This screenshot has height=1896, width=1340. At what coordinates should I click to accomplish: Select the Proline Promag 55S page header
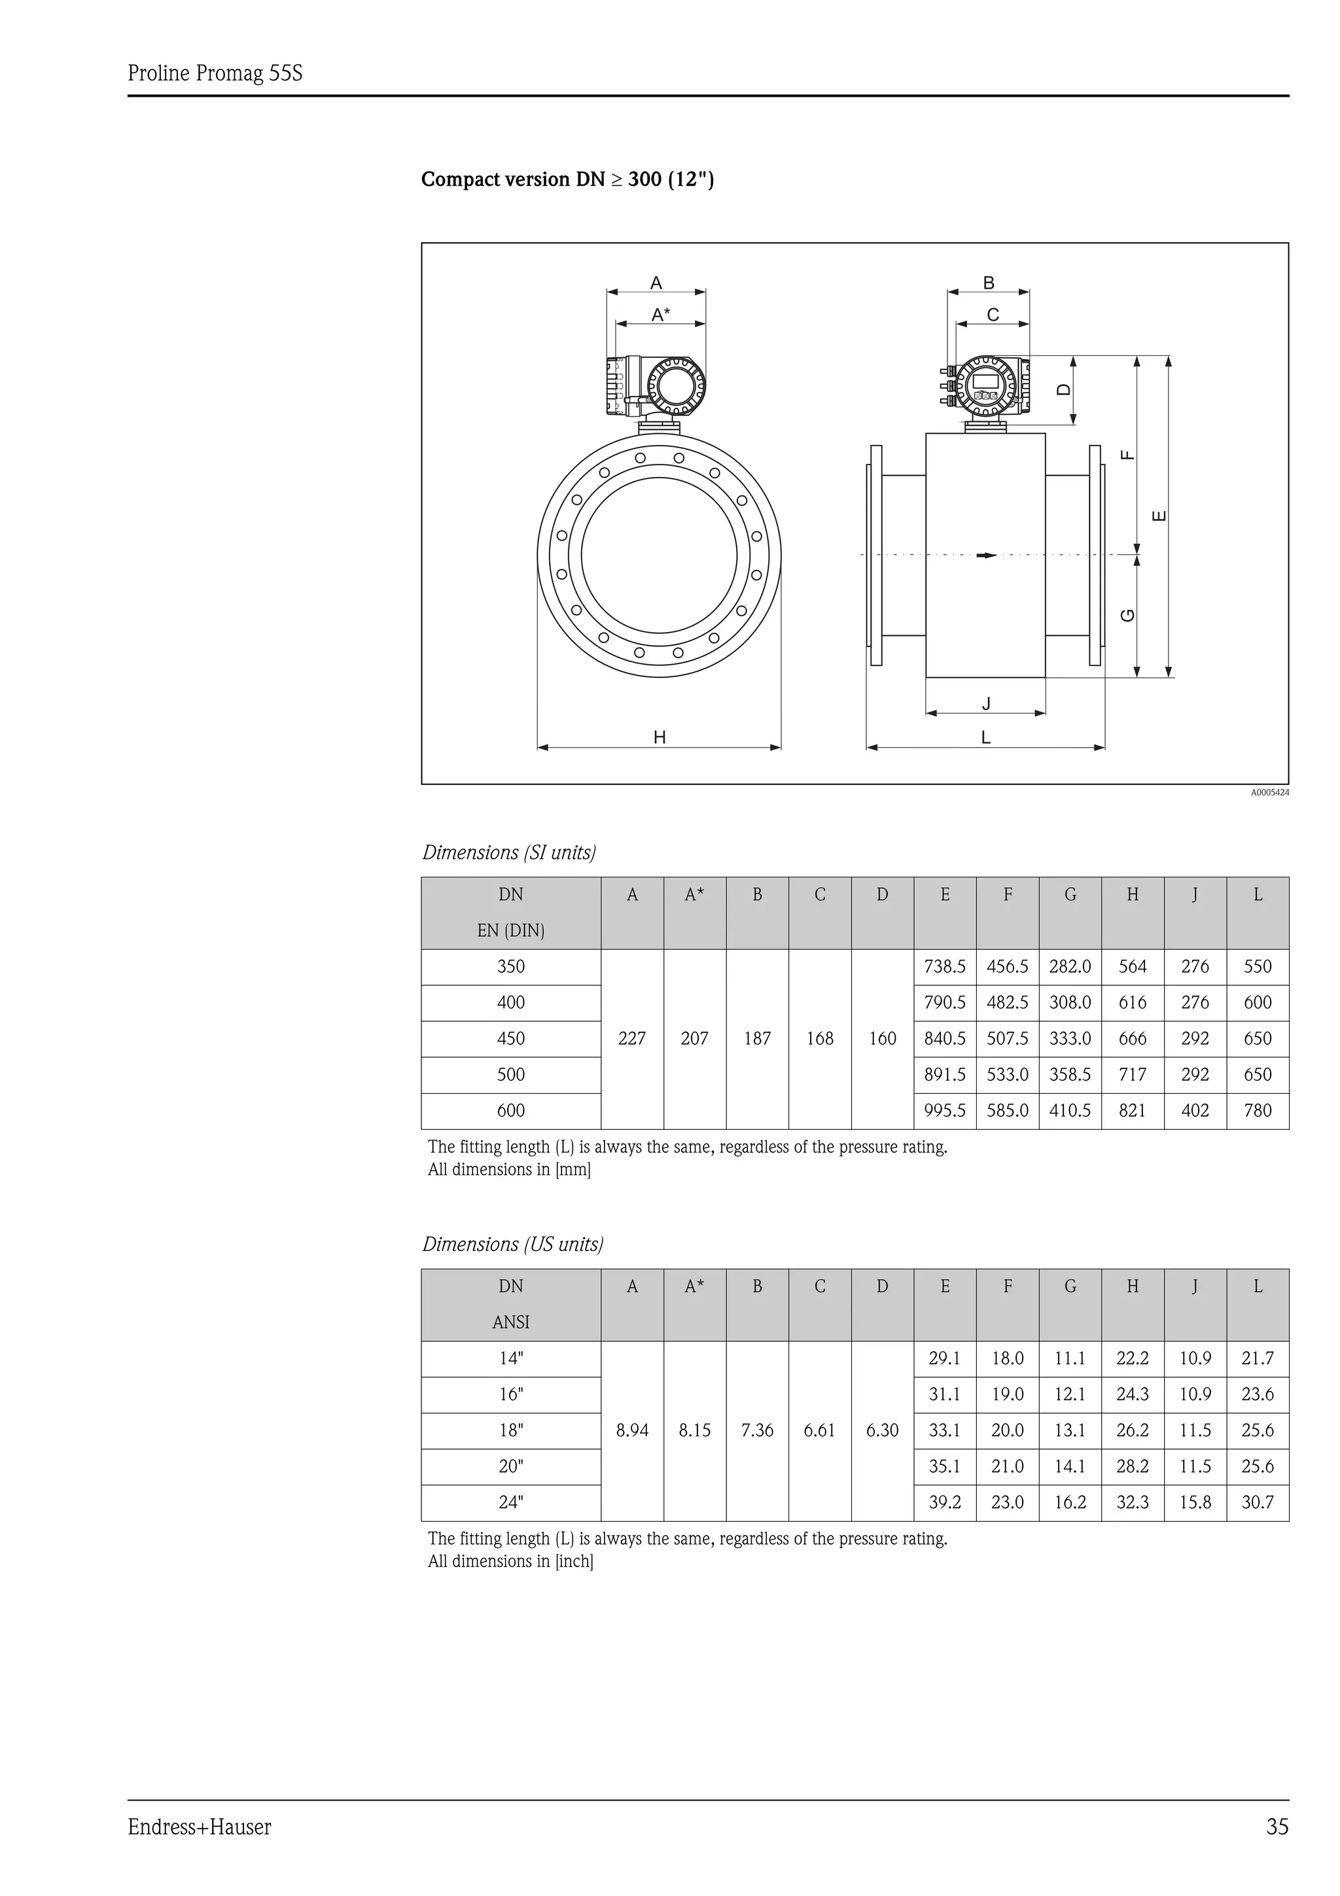click(x=215, y=73)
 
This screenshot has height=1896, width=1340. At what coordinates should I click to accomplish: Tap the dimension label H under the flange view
click(x=659, y=737)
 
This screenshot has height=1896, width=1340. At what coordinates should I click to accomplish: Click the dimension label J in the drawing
click(x=986, y=703)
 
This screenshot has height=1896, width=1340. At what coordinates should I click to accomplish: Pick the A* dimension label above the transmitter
click(x=660, y=315)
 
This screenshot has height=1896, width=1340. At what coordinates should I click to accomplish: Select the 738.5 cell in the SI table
click(x=945, y=966)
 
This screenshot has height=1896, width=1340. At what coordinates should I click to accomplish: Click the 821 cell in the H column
click(x=1132, y=1111)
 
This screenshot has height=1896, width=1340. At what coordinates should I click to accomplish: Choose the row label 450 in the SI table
click(x=510, y=1038)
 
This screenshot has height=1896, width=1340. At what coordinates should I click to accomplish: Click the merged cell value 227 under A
click(x=631, y=1038)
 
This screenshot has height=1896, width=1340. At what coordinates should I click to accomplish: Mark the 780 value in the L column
click(x=1257, y=1111)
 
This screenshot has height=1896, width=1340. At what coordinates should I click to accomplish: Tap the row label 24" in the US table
click(x=510, y=1502)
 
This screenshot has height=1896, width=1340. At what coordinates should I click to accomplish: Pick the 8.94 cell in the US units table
click(x=631, y=1430)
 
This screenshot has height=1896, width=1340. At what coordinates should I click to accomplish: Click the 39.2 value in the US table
click(x=945, y=1502)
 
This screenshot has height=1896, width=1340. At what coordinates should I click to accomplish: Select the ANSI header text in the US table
click(x=510, y=1322)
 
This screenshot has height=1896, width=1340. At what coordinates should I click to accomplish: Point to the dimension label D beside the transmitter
click(x=1065, y=390)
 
